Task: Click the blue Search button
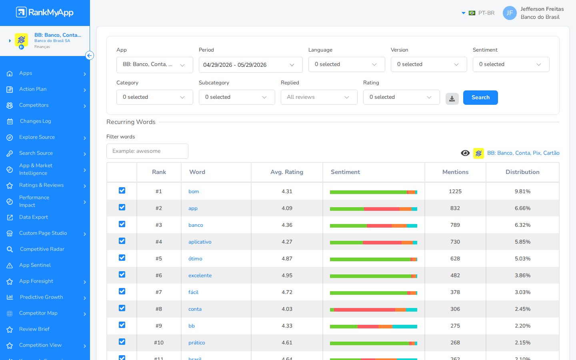480,98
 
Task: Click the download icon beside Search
452,98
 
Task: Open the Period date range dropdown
250,65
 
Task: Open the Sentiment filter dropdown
511,64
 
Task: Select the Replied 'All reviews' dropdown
319,97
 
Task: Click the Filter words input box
147,151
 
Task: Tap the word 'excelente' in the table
200,275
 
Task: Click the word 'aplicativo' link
200,242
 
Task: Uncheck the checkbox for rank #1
122,190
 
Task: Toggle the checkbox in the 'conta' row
122,308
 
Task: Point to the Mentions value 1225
455,191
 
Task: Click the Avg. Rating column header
287,172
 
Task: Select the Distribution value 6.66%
522,208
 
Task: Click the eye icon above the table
465,153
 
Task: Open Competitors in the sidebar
34,105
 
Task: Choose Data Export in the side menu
34,217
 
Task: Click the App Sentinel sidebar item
35,265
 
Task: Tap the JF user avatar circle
510,13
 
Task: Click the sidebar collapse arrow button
90,56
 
